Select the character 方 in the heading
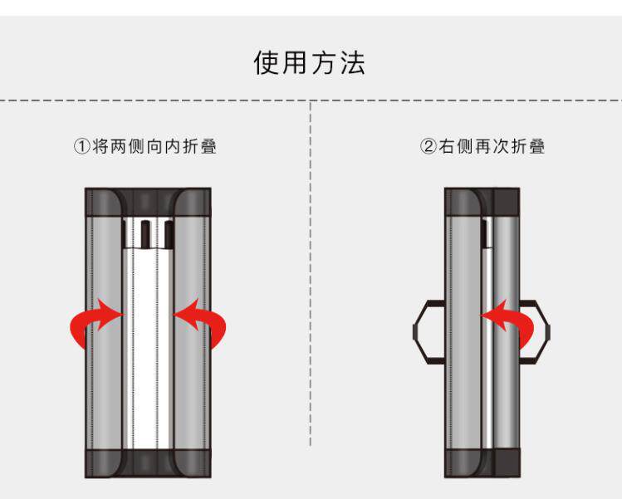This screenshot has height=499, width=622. click(x=324, y=63)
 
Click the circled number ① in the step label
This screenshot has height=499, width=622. click(x=81, y=147)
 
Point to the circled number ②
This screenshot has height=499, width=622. click(x=428, y=147)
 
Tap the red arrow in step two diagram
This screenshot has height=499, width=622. click(x=513, y=321)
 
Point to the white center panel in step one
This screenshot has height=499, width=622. click(x=149, y=349)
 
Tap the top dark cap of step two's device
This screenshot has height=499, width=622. click(x=482, y=203)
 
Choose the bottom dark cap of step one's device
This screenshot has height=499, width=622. click(x=148, y=462)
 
